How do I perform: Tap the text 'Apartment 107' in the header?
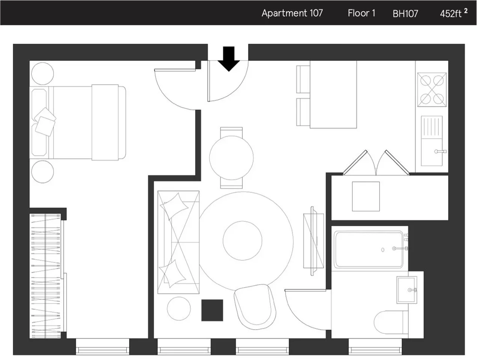point(292,13)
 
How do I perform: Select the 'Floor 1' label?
point(361,13)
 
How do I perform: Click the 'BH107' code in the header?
point(405,14)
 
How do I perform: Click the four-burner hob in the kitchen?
point(432,90)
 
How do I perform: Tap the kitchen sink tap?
point(440,151)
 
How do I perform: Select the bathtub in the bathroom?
point(369,249)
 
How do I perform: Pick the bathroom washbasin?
point(407,290)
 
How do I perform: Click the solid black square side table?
point(212,310)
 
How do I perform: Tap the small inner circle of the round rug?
point(242,241)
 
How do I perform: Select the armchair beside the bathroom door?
point(255,307)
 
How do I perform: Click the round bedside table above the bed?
point(42,73)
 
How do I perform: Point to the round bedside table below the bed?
point(42,172)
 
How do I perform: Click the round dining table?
point(231,158)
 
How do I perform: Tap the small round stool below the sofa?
point(179,309)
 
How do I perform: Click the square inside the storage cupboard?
point(366,196)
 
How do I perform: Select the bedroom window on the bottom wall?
point(102,346)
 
